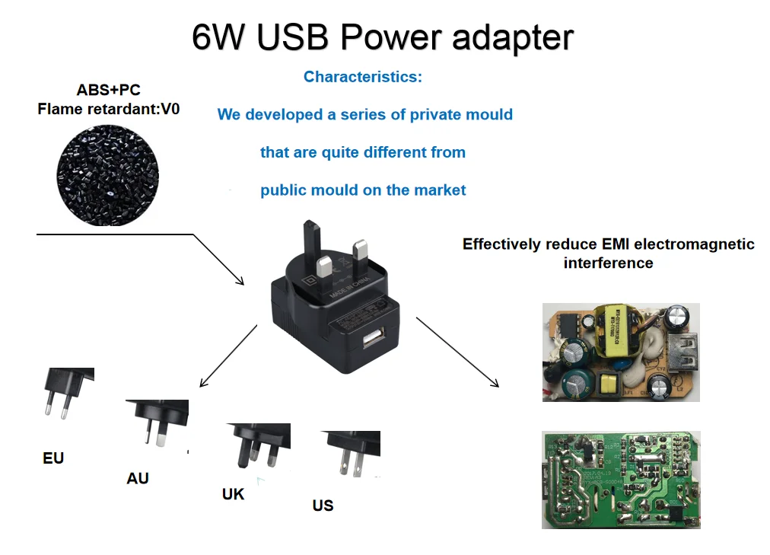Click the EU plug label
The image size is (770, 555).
click(53, 458)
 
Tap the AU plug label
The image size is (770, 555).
click(138, 478)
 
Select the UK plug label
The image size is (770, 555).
click(233, 494)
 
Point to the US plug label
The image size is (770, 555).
click(323, 506)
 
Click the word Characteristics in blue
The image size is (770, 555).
click(362, 77)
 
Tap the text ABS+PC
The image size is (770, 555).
click(108, 91)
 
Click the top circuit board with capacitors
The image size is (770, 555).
click(620, 352)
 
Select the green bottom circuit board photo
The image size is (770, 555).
click(620, 479)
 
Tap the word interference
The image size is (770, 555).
click(608, 263)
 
